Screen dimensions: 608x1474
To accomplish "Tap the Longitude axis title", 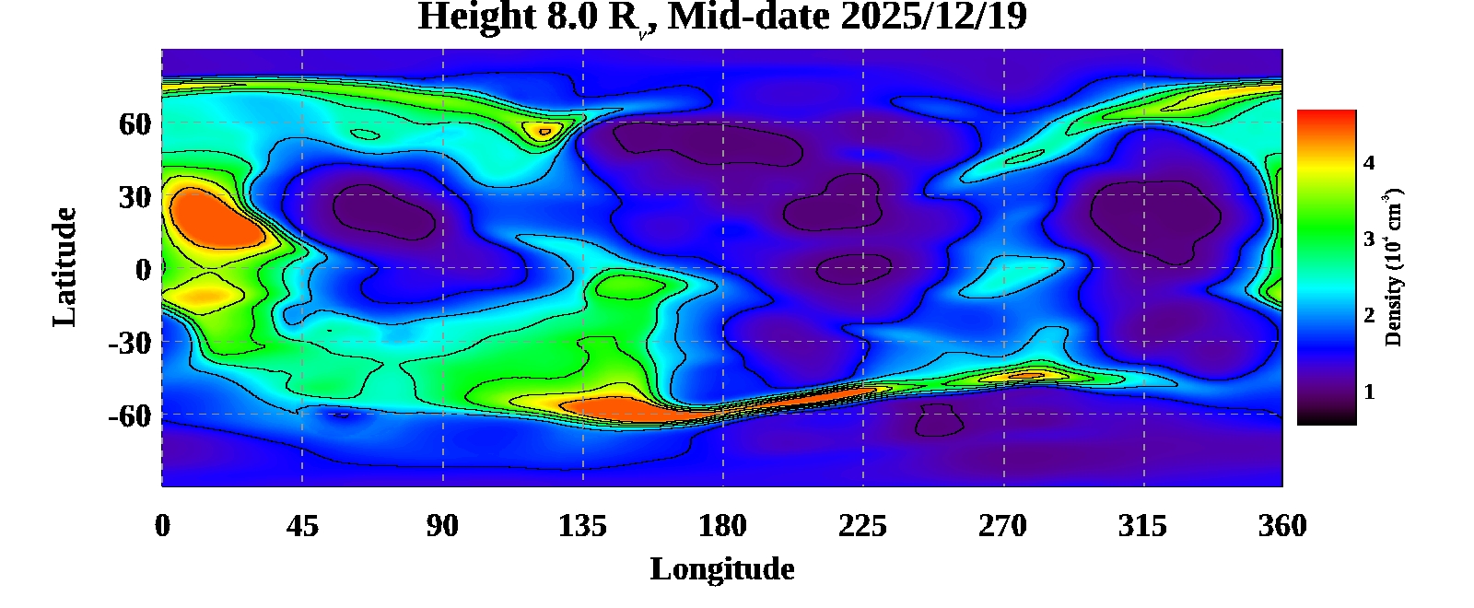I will (722, 569).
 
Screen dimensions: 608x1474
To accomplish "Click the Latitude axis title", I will (64, 267).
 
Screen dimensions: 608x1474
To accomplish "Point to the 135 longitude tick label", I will (582, 526).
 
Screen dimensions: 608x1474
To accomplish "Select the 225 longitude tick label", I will (862, 526).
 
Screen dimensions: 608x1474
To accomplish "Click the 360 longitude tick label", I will (1282, 526).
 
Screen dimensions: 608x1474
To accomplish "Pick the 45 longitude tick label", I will (302, 526).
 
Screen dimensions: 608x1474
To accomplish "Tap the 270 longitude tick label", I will (1002, 526).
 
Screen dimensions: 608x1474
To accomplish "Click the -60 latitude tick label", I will (129, 415).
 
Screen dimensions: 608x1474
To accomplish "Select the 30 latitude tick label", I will (135, 196).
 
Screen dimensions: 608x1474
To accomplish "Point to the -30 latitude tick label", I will (129, 343).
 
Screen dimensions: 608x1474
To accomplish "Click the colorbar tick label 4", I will (1369, 163).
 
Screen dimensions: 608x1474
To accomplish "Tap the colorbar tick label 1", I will (1369, 392).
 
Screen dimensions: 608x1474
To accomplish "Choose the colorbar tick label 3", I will (1369, 240).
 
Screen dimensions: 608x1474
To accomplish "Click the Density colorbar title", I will (1394, 267).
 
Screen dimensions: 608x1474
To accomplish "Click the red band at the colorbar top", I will (1327, 120).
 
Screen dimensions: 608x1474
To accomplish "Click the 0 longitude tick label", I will (162, 526).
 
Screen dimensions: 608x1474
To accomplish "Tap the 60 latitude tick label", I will (135, 123).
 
